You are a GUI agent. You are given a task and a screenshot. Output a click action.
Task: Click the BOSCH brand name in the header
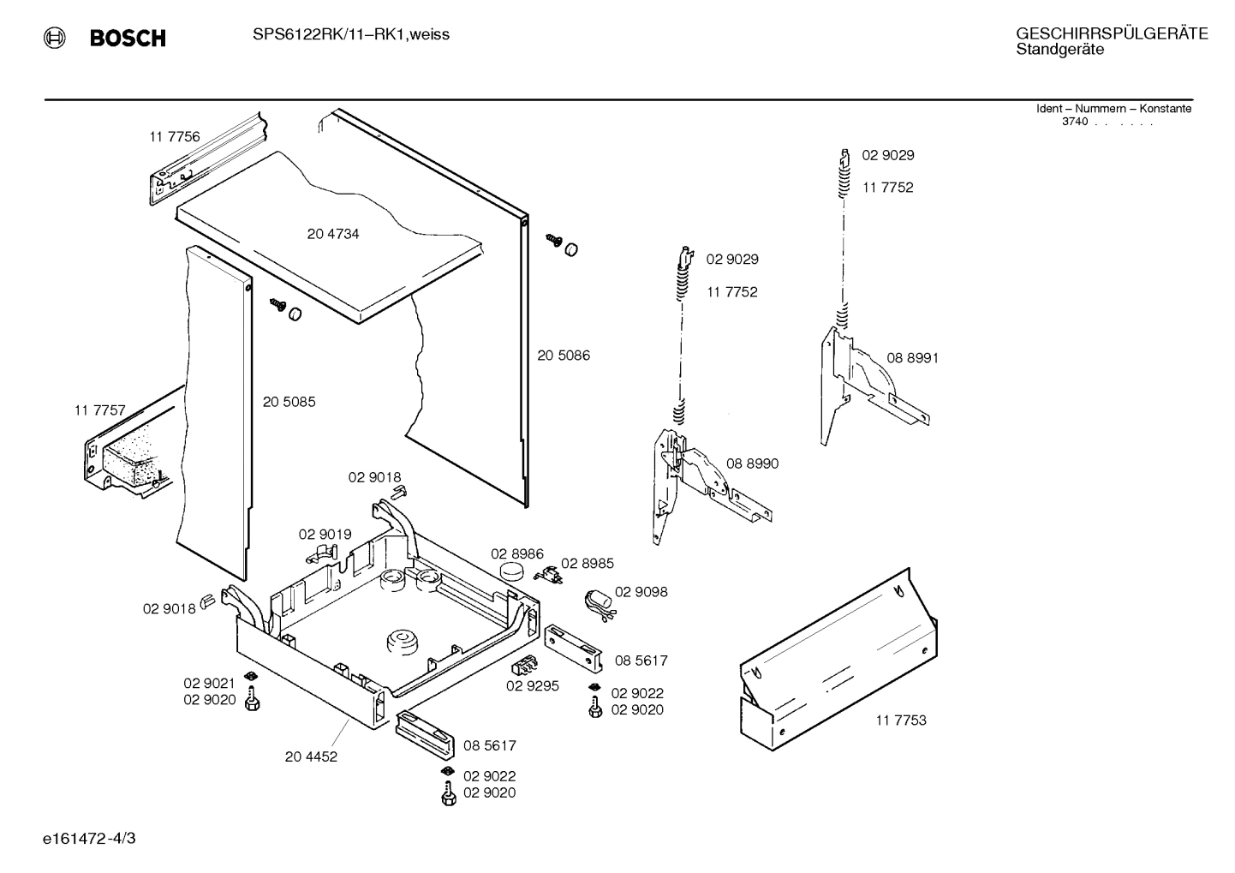[x=128, y=38]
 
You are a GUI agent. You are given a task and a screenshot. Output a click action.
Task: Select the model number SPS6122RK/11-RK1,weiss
[x=350, y=34]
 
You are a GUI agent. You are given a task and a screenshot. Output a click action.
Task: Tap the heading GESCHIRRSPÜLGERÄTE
[x=1111, y=33]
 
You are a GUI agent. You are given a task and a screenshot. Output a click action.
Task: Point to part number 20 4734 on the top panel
[x=333, y=234]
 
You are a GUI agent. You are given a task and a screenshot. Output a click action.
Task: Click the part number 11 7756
[x=174, y=136]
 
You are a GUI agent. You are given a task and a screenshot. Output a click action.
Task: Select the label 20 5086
[x=564, y=355]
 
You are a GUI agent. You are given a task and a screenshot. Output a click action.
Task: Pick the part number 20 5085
[x=289, y=401]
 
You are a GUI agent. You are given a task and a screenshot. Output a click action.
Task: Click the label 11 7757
[x=100, y=410]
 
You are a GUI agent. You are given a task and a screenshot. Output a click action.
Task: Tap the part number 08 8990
[x=752, y=463]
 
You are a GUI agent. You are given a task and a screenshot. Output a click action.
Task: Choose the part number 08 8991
[x=912, y=357]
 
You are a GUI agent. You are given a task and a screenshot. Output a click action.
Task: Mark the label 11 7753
[x=900, y=720]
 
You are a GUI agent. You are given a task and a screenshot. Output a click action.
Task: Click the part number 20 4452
[x=311, y=756]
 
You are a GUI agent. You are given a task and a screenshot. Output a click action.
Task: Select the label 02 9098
[x=641, y=592]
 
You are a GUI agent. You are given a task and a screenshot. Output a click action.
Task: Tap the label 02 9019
[x=325, y=534]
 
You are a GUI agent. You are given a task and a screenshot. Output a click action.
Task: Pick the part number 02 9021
[x=209, y=683]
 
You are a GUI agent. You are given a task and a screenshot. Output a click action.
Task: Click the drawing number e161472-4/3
[x=88, y=837]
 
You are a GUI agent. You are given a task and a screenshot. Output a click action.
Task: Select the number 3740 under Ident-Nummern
[x=1074, y=122]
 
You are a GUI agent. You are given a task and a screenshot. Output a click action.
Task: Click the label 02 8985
[x=587, y=563]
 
